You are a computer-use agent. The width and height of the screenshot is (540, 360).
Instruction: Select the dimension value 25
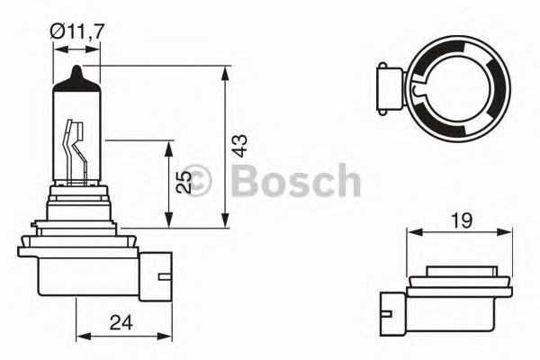pos(184,183)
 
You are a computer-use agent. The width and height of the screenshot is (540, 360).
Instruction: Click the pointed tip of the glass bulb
pos(77,70)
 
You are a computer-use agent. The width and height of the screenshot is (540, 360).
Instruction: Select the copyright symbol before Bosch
pos(196,181)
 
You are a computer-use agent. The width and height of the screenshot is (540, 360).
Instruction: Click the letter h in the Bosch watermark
pos(346,180)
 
